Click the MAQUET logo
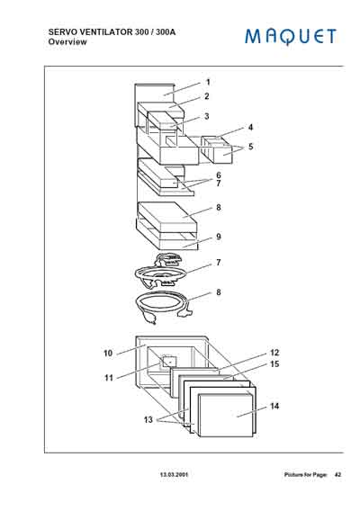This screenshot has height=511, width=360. point(290,36)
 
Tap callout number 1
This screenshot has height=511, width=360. point(207,82)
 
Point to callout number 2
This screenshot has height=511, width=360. point(207,96)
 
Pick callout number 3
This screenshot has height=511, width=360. point(207,116)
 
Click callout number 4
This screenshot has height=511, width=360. point(250,128)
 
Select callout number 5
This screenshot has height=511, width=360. point(250,146)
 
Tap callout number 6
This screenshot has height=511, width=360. point(218,175)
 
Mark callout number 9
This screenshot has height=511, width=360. point(218,238)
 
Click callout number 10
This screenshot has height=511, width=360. point(107,354)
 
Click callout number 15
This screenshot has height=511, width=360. point(275,364)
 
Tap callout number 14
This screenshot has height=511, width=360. point(274,407)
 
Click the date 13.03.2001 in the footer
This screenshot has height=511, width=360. point(175,473)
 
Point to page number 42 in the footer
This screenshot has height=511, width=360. point(337,473)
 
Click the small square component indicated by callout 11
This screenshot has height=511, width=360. point(165,363)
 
